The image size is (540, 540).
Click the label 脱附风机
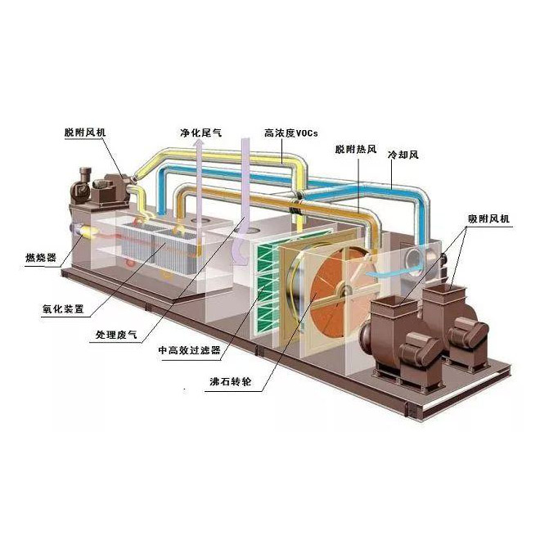88,132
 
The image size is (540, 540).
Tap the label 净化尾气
200,132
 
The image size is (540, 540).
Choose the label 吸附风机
489,218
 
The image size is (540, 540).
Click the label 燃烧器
40,259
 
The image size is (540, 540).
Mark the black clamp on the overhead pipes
300,199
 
